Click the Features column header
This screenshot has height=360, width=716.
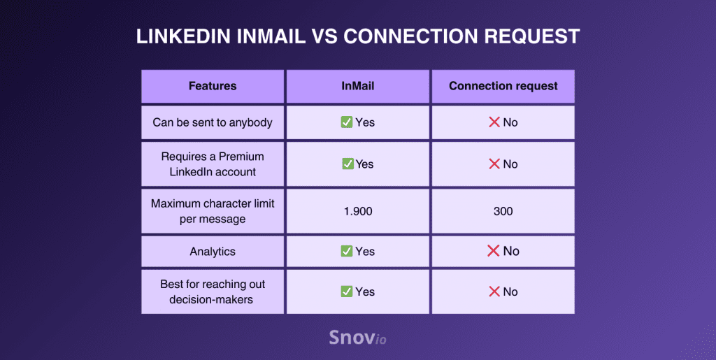coord(213,86)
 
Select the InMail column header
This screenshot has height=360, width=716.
coord(357,86)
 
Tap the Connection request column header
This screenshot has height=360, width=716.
coord(503,86)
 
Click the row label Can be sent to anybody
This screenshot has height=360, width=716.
coord(213,122)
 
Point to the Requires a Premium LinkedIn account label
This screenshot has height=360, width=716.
coord(213,164)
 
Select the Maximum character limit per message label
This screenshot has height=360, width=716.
coord(213,211)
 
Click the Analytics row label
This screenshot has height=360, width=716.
coord(213,252)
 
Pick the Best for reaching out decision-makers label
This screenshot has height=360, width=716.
coord(213,292)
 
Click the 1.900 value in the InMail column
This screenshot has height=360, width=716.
coord(357,211)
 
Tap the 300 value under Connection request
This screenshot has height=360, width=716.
coord(503,211)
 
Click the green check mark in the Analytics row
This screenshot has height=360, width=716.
coord(346,251)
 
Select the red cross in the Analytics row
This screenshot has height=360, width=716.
coord(493,251)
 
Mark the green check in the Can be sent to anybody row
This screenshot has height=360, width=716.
coord(346,122)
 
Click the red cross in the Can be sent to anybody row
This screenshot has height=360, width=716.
coord(494,122)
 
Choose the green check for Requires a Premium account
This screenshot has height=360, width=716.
coord(347,164)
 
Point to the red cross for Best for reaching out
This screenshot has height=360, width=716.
coord(494,291)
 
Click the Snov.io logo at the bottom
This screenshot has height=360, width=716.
coord(357,338)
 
